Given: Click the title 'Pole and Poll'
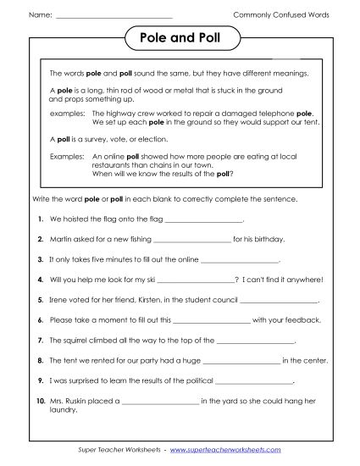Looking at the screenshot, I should coord(180,39).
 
